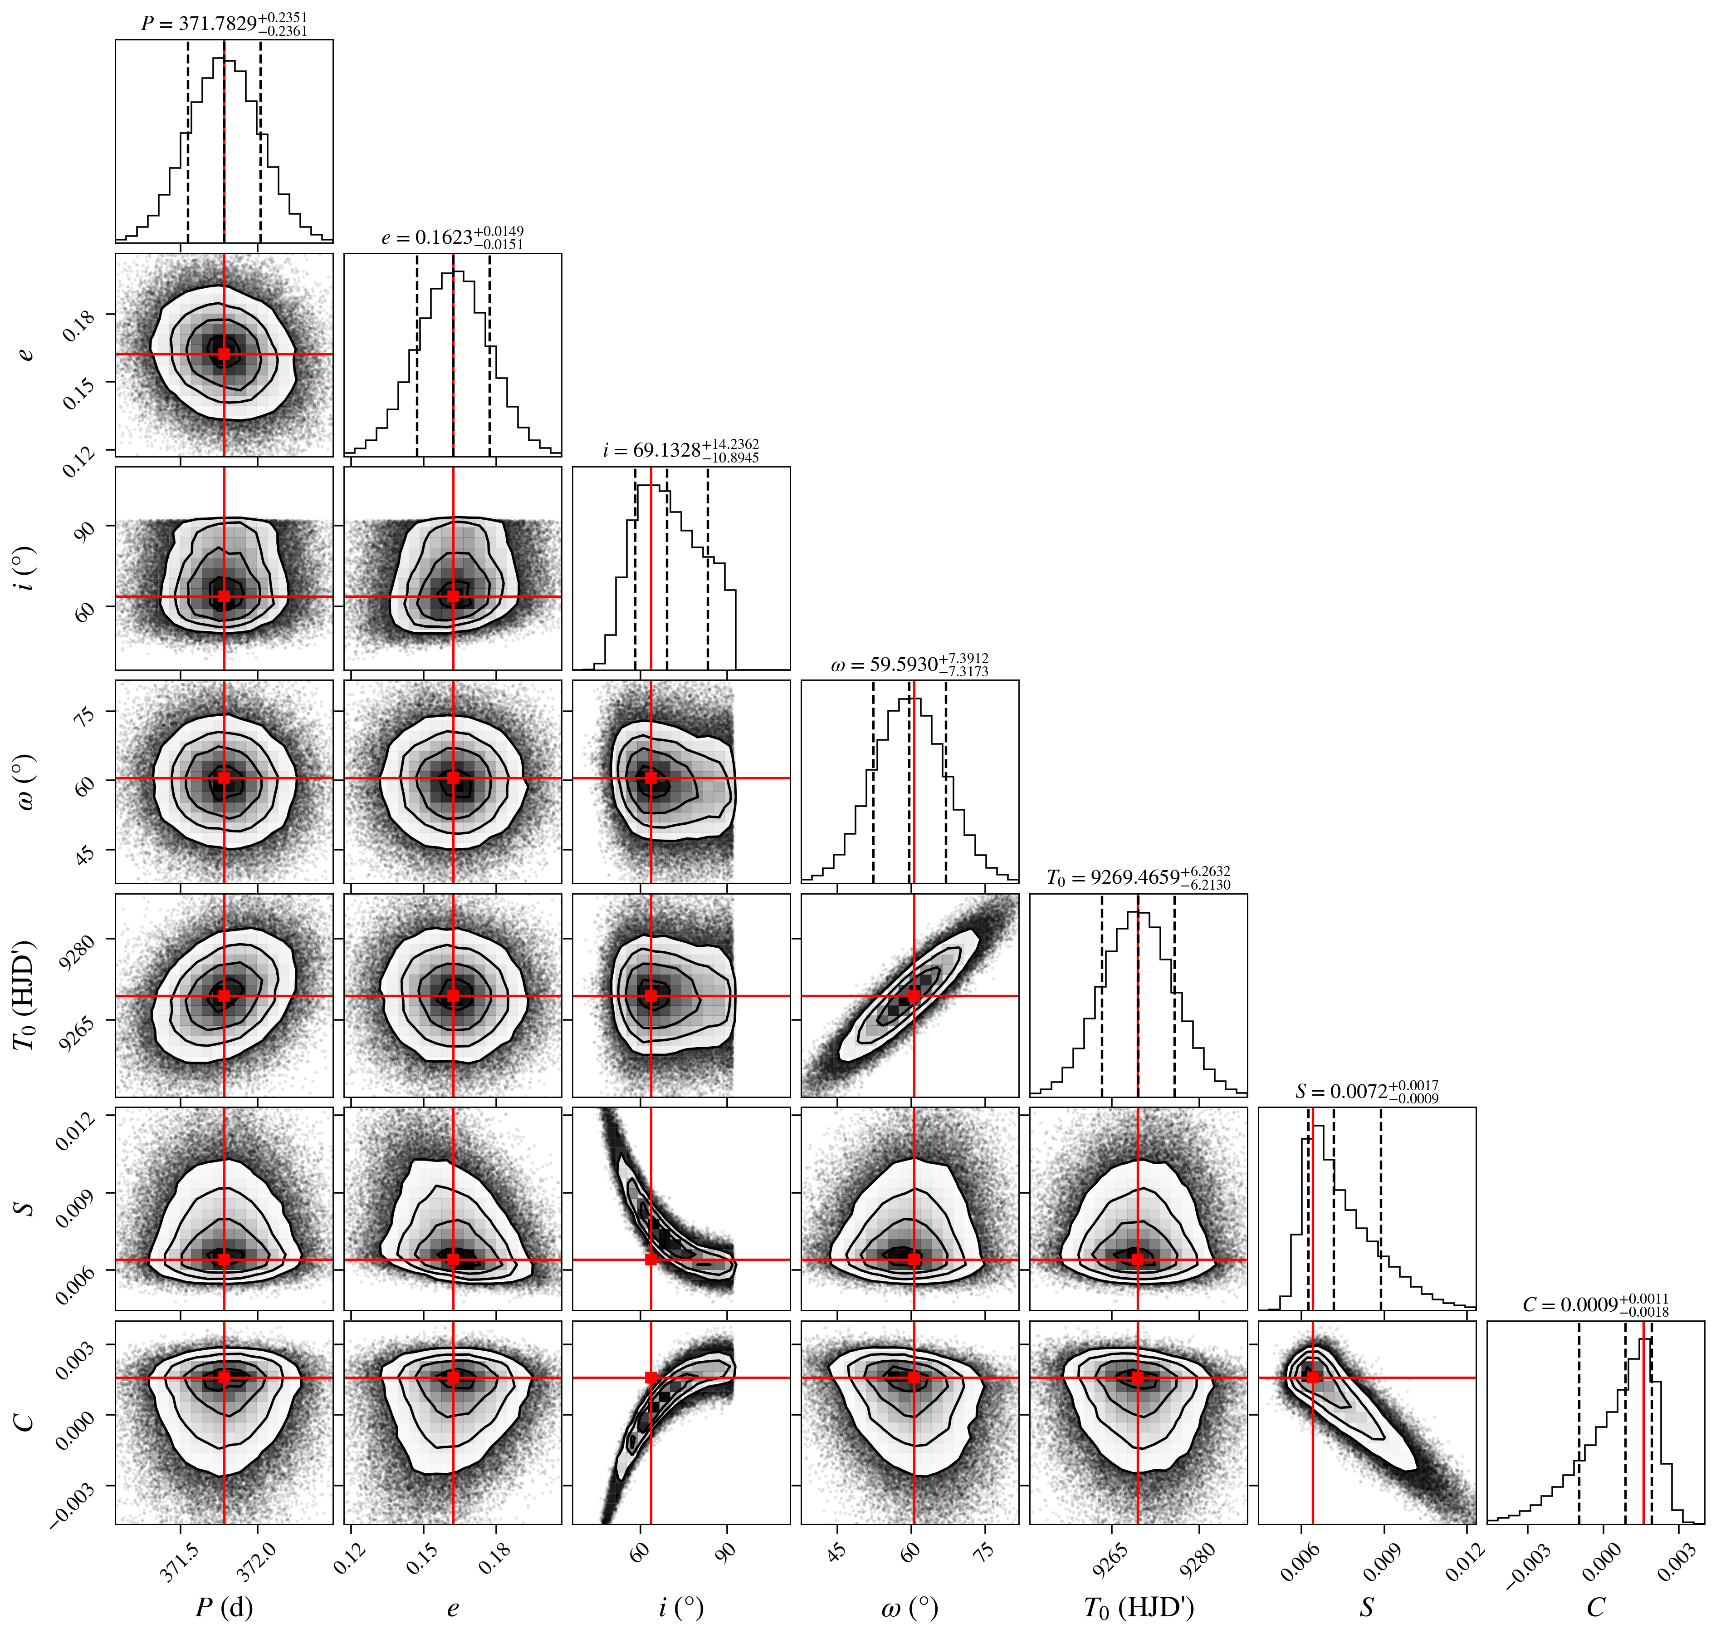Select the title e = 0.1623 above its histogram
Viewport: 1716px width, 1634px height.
tap(453, 238)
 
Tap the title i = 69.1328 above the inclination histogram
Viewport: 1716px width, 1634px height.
tap(681, 451)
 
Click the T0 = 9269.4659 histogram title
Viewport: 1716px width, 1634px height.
tap(1139, 878)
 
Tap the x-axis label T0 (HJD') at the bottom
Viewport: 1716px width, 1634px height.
tap(1139, 1608)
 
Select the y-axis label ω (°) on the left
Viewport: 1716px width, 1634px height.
tap(26, 781)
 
